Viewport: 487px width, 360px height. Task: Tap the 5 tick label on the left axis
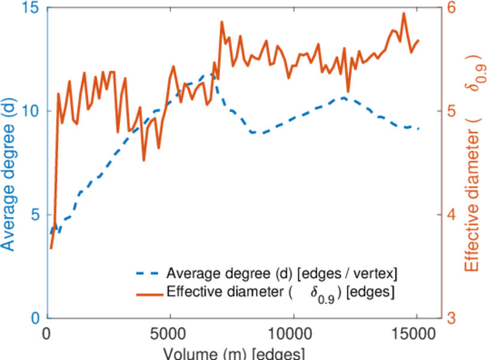(x=34, y=215)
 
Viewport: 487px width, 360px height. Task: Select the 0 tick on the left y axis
(x=34, y=318)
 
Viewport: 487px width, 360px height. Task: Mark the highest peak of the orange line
(x=404, y=13)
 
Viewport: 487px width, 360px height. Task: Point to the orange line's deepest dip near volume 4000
(x=144, y=160)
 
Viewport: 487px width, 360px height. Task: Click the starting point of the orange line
(x=51, y=248)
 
